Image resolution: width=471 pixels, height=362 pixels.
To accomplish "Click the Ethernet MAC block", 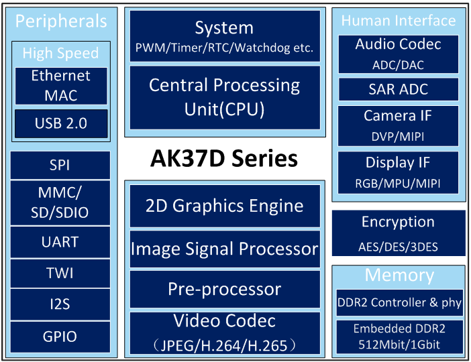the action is (61, 86).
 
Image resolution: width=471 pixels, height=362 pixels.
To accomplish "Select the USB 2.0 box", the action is (61, 123).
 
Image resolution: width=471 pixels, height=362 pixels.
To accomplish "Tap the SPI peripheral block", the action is (60, 165).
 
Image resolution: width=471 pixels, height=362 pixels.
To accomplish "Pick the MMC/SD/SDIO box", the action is (60, 202).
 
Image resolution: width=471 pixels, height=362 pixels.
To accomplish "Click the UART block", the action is (60, 242).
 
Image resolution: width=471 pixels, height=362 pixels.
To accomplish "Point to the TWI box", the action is (60, 274).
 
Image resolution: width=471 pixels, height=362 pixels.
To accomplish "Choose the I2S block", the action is (60, 304).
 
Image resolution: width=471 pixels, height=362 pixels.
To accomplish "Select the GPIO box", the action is (60, 337).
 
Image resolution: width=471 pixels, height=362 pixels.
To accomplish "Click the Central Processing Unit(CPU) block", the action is (225, 98).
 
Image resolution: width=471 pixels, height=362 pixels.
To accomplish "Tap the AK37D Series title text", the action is (224, 158).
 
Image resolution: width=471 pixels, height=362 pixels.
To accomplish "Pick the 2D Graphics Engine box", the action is (225, 206).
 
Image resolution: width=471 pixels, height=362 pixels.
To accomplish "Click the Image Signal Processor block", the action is (225, 249).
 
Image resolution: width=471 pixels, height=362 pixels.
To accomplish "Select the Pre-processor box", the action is (225, 289).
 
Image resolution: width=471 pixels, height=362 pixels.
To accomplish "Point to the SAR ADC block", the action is (399, 89).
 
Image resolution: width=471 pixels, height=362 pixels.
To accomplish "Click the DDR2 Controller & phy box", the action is (399, 302).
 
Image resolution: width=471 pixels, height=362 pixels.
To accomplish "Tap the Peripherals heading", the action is (61, 21).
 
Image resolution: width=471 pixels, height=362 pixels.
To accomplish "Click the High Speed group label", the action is (60, 54).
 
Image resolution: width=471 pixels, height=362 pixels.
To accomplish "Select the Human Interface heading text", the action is (399, 21).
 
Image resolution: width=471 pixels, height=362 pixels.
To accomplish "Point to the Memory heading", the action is (399, 276).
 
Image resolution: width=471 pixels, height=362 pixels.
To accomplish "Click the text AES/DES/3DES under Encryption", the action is (399, 247).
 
